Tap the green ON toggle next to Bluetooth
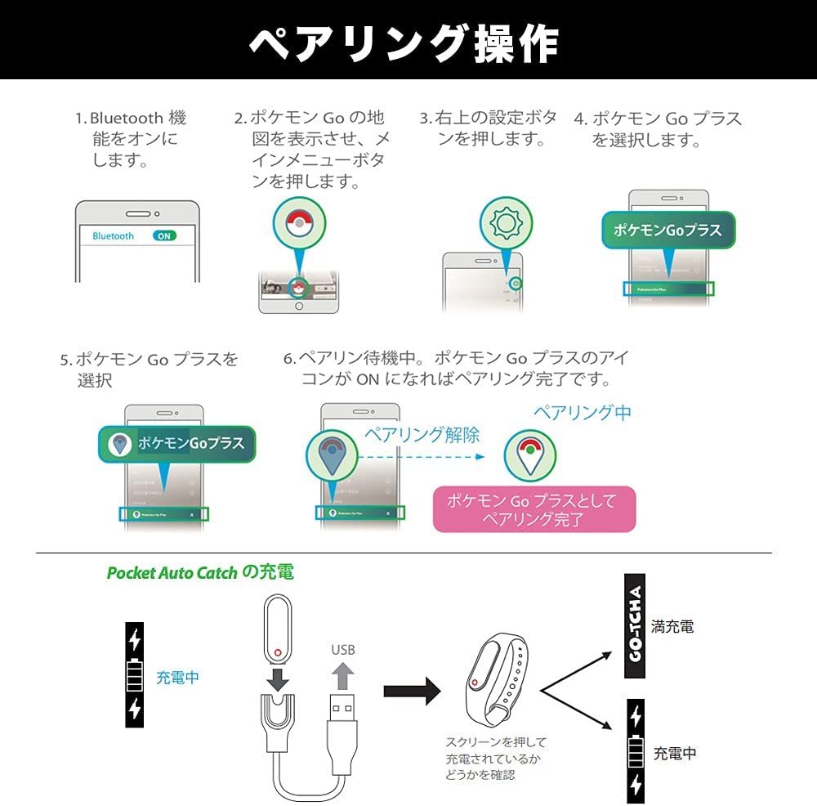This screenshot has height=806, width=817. click(164, 235)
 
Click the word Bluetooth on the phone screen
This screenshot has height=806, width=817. click(113, 235)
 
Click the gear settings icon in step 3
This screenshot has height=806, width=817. click(499, 222)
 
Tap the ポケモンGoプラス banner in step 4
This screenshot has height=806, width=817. click(668, 230)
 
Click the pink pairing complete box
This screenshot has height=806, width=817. click(534, 508)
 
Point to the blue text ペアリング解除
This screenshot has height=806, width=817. click(421, 434)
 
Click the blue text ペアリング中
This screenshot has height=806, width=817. click(582, 412)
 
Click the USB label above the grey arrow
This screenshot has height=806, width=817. click(343, 650)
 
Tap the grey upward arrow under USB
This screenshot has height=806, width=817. click(345, 677)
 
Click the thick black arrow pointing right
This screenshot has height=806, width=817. click(413, 692)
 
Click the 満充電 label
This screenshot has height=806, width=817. click(672, 627)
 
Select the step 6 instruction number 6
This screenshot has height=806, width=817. click(288, 358)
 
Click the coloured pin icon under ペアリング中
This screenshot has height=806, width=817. click(529, 454)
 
